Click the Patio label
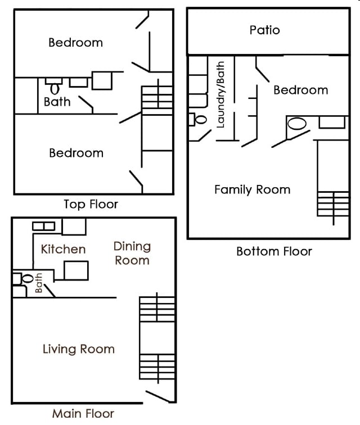click(264, 30)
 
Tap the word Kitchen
click(63, 249)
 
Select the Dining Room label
click(132, 253)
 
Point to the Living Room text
click(78, 349)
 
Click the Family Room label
click(252, 189)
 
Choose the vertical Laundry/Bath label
click(220, 94)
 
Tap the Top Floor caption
click(91, 204)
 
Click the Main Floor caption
click(83, 414)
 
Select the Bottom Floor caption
click(274, 251)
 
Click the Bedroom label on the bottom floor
click(300, 90)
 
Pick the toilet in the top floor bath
click(55, 88)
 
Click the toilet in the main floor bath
click(26, 278)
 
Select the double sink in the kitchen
click(43, 226)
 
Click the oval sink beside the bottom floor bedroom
click(297, 124)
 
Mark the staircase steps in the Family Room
click(333, 207)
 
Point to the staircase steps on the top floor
click(157, 97)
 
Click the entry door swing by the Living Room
click(159, 395)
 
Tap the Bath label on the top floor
click(57, 102)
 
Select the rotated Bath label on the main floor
click(39, 283)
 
